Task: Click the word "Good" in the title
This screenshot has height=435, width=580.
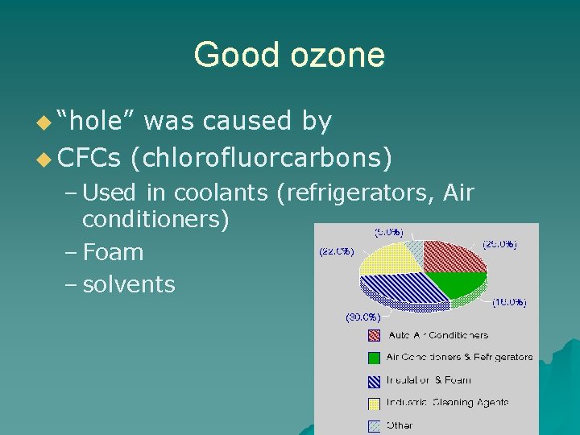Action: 229,56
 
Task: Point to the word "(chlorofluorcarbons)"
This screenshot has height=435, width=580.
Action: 267,158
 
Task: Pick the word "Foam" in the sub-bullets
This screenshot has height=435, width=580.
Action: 113,252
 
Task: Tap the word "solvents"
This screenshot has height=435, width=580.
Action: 128,284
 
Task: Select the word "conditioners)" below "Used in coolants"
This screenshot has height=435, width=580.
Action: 155,218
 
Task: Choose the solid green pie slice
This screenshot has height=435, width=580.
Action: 459,287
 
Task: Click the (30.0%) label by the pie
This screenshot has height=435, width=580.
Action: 363,317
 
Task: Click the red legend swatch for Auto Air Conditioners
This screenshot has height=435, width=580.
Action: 374,335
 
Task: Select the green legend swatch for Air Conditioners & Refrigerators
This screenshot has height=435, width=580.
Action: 374,357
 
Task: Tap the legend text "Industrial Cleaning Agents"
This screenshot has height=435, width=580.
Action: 447,402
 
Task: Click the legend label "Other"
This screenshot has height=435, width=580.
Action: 400,425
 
